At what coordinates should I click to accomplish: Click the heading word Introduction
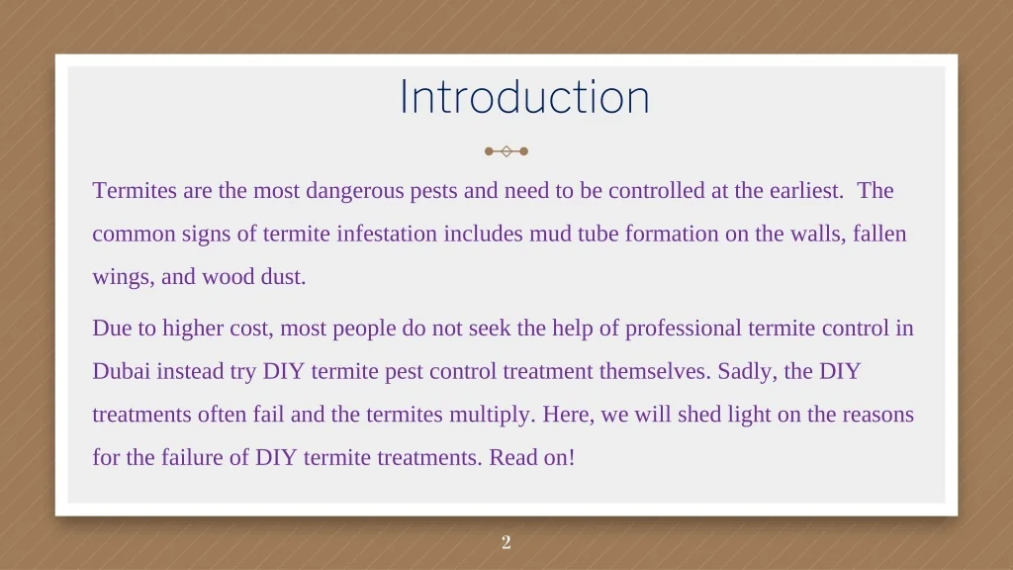(x=524, y=97)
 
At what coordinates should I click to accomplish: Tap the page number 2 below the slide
(x=506, y=542)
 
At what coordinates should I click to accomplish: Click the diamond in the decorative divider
(x=506, y=151)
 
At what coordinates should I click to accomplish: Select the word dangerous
(x=355, y=191)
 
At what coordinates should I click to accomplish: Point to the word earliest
(x=806, y=191)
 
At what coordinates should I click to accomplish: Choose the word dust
(x=283, y=277)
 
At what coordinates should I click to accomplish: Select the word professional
(x=684, y=329)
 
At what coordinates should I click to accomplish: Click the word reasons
(x=878, y=415)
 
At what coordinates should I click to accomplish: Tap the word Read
(x=506, y=457)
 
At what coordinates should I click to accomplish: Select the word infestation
(x=387, y=234)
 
